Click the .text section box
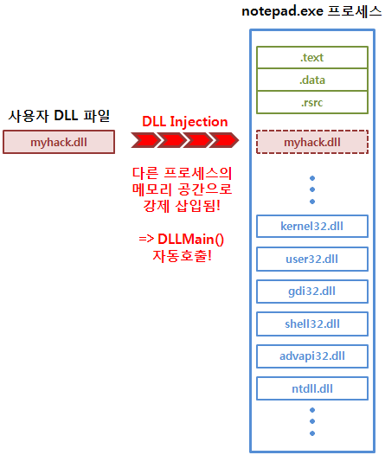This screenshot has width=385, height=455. (312, 58)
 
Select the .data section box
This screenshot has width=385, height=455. (312, 80)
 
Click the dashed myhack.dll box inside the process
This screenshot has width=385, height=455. (312, 141)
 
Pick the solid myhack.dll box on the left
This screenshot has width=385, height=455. (58, 141)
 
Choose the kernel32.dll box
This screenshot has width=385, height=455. (312, 226)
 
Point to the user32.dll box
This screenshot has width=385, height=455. (312, 259)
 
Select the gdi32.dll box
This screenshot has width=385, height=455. (312, 292)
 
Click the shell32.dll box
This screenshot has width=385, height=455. (312, 324)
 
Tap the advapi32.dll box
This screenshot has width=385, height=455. (312, 356)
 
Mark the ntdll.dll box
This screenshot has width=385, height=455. (312, 388)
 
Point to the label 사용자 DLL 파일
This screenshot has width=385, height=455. (59, 116)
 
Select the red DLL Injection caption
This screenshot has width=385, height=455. (184, 122)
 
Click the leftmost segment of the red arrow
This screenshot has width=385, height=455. (144, 140)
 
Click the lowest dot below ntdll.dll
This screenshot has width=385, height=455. (312, 433)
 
